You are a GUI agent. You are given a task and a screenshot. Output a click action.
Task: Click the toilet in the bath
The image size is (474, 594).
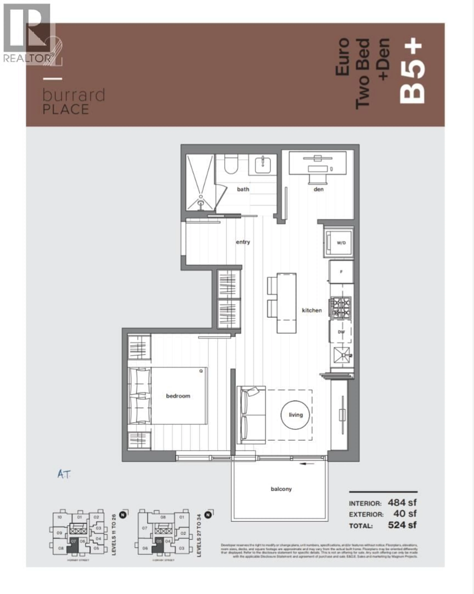(x=230, y=165)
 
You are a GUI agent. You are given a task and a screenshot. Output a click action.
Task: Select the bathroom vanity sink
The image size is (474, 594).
(x=263, y=165)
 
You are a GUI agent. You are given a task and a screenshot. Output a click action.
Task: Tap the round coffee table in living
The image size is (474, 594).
(x=295, y=415)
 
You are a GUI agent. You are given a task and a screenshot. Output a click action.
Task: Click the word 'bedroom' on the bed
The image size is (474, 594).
(x=178, y=396)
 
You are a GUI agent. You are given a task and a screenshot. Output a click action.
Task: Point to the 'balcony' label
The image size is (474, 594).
(x=281, y=489)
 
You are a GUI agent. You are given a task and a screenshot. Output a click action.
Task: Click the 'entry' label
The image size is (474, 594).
(x=243, y=242)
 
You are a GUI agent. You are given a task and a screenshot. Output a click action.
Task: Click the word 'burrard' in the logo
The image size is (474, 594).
(x=74, y=95)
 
